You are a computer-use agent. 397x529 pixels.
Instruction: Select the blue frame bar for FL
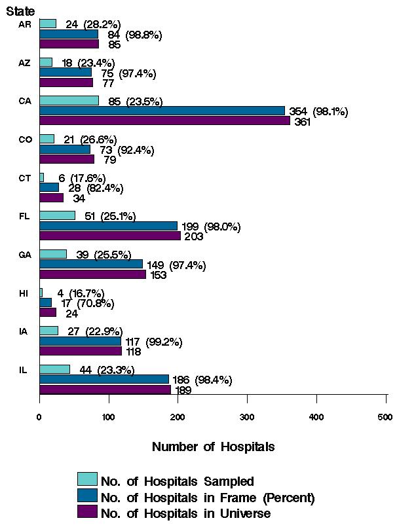(x=108, y=226)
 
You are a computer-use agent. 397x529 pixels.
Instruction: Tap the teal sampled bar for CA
(x=69, y=101)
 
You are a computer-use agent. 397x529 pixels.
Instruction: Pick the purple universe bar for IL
(x=105, y=390)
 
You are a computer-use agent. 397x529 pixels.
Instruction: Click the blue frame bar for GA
(x=91, y=264)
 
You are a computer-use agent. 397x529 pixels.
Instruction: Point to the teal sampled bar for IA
(x=48, y=331)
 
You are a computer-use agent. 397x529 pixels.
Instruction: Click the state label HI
(x=24, y=293)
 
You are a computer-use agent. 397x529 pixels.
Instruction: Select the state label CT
(x=24, y=178)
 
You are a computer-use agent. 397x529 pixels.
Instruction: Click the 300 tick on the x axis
(x=247, y=416)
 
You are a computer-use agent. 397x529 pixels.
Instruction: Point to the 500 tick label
(x=385, y=416)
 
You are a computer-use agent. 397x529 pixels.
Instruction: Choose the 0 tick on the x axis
(x=39, y=416)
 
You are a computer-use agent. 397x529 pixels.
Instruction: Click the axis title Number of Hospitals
(x=213, y=447)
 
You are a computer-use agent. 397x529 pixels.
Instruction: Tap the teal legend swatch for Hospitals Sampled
(x=87, y=480)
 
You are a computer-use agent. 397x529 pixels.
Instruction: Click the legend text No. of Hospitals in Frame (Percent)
(x=208, y=498)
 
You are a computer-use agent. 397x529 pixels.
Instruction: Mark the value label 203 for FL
(x=193, y=237)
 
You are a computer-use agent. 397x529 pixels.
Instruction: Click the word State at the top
(x=21, y=11)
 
